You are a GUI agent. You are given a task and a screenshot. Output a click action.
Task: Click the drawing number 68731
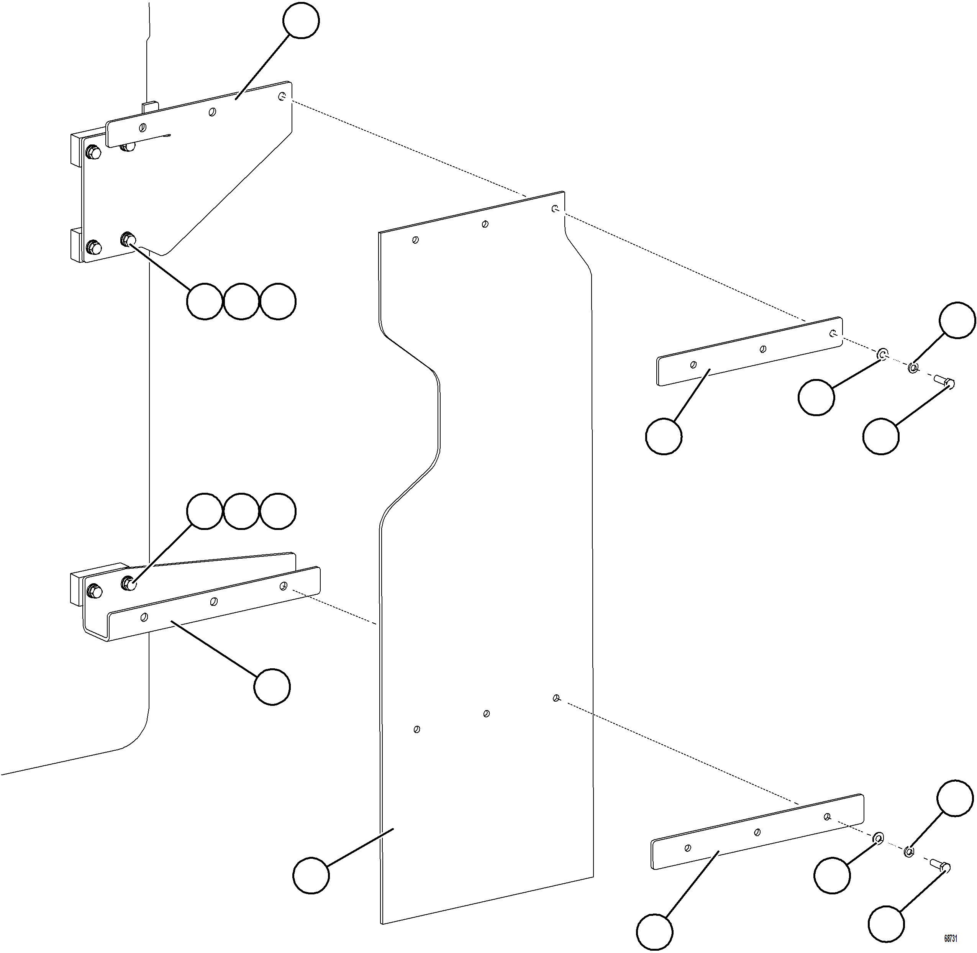(x=951, y=938)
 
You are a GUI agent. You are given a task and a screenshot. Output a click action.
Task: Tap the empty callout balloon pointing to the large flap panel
(x=311, y=875)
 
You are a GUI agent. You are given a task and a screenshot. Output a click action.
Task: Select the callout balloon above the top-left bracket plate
(x=301, y=21)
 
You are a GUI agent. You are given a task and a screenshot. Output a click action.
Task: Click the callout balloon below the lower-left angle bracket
(x=272, y=687)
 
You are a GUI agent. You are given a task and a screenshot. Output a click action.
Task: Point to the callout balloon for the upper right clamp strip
(x=664, y=436)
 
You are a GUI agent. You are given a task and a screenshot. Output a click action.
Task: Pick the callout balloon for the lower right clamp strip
(x=655, y=932)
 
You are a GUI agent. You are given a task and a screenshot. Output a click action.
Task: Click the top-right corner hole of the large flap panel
(x=554, y=208)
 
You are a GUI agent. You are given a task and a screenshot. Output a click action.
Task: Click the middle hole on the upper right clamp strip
(x=763, y=349)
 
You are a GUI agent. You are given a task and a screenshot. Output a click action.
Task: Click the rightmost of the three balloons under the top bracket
(x=278, y=301)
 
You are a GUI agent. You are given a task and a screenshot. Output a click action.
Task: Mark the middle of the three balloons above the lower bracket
(x=241, y=511)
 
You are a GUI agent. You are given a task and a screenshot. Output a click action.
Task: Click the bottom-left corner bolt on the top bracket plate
(x=93, y=247)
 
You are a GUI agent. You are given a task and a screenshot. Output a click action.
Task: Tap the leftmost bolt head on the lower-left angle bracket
(x=93, y=591)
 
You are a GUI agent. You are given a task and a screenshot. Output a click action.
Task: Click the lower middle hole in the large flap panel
(x=486, y=713)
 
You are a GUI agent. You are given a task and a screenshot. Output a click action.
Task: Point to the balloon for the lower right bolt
(x=886, y=922)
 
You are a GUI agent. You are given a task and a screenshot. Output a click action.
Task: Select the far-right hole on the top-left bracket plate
(x=282, y=96)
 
